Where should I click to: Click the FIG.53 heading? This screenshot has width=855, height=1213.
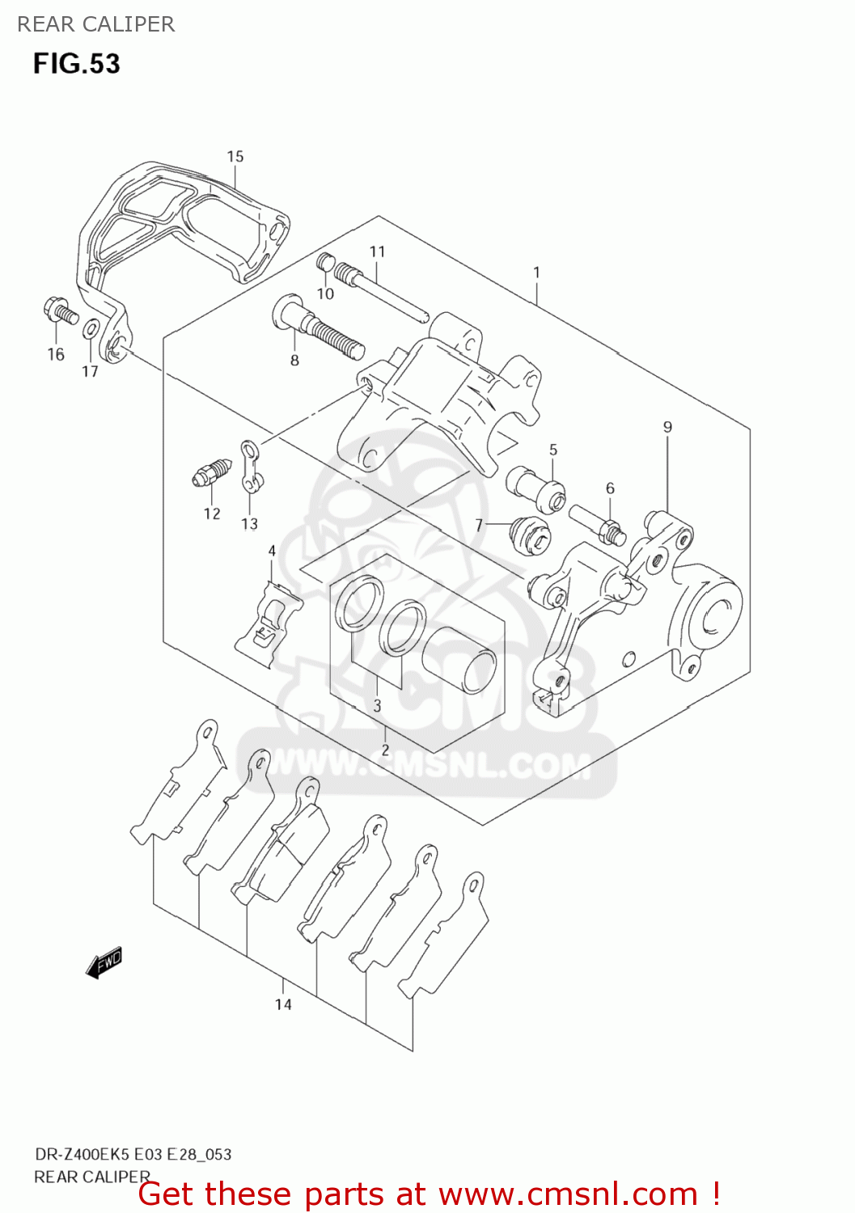76,64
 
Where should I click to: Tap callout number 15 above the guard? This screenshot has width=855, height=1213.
235,156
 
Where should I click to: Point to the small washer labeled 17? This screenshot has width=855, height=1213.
91,329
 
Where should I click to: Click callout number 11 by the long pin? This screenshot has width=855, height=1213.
377,251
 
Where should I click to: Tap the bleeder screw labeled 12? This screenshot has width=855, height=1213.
212,472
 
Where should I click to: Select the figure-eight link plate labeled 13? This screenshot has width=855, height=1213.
252,467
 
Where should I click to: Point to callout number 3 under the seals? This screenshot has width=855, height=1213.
377,705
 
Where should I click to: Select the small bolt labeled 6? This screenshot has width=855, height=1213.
598,523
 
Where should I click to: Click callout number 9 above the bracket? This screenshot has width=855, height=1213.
667,427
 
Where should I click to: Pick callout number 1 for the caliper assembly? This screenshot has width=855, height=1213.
536,273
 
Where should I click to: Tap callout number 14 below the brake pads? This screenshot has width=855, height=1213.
283,1004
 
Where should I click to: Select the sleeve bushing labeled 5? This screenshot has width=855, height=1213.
535,488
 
